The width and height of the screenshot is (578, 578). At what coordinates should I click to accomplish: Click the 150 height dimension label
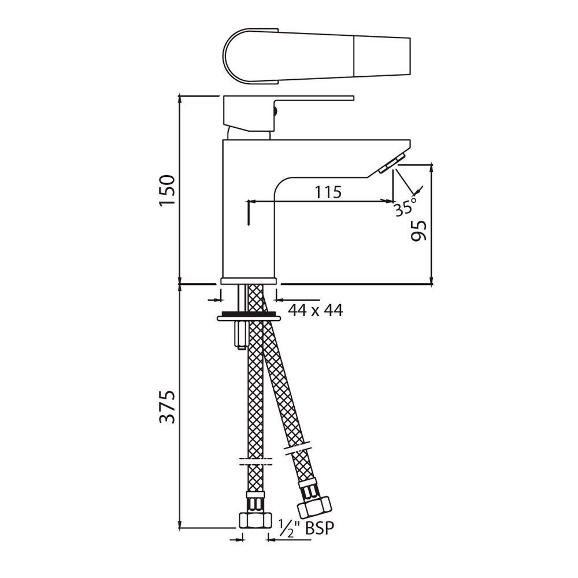click(167, 191)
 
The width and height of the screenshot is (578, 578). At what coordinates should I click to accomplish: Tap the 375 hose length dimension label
click(167, 406)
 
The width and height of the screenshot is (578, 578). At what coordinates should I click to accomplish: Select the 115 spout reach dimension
click(328, 192)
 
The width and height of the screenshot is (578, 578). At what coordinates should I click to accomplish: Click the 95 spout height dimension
click(418, 231)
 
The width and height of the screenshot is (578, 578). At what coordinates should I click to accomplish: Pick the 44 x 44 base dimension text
click(315, 310)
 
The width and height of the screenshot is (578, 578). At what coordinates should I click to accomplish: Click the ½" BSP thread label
click(306, 528)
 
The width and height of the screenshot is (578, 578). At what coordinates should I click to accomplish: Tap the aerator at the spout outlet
click(391, 164)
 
